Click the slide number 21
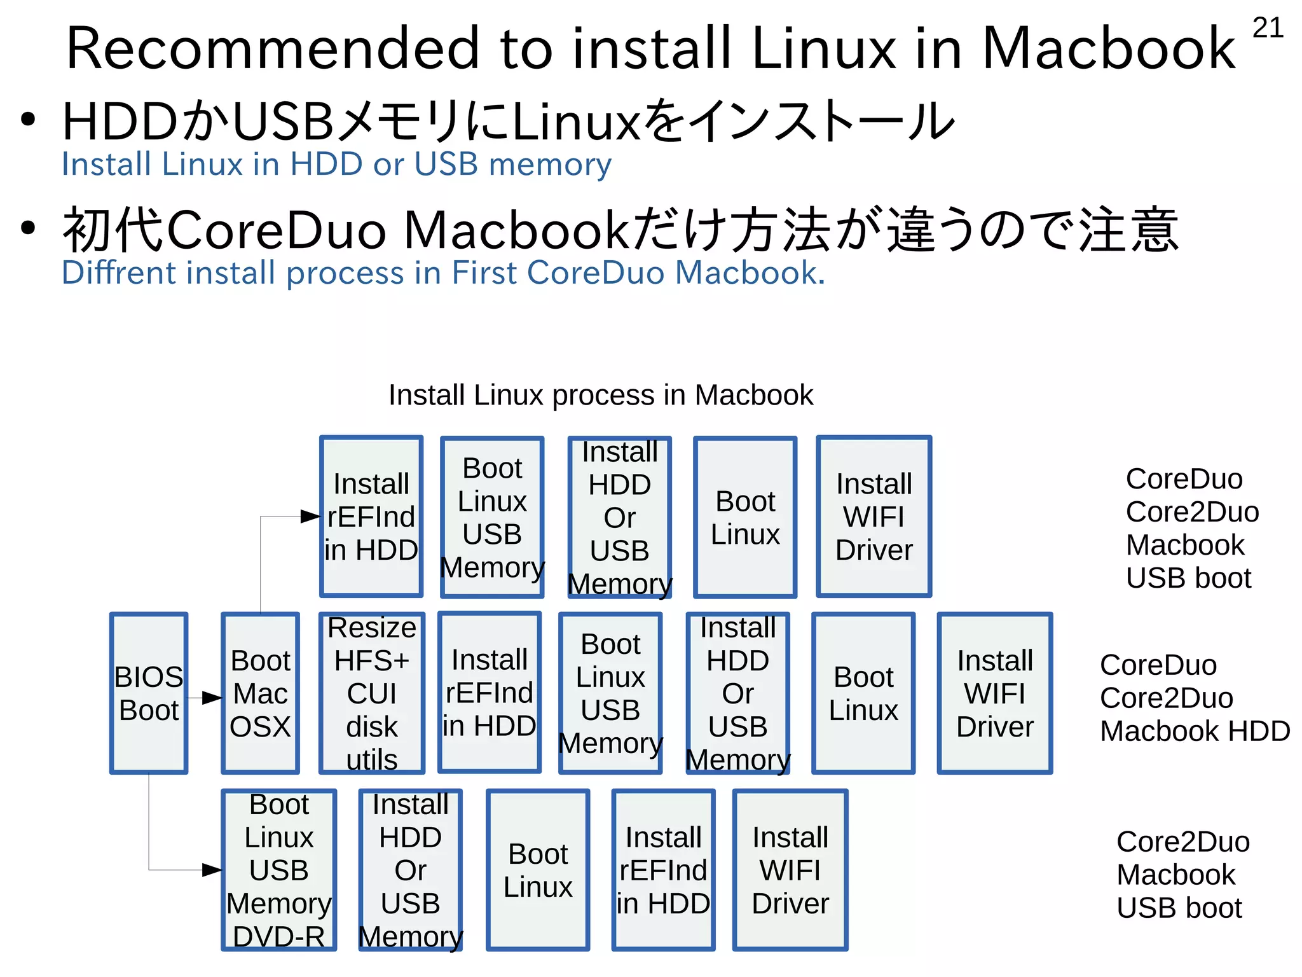[1268, 28]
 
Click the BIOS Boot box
[149, 693]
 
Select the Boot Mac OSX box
[260, 693]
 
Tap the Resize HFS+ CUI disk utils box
[372, 693]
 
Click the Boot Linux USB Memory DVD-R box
[279, 870]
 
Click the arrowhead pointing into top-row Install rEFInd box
[311, 516]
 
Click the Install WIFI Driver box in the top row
[874, 516]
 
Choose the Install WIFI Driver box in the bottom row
[790, 870]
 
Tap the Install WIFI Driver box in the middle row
[995, 693]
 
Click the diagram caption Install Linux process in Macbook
[600, 395]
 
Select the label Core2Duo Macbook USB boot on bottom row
[1182, 875]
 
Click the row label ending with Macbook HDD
[1194, 698]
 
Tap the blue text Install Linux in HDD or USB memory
[336, 164]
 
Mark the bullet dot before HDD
[27, 119]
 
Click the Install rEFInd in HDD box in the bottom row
[663, 870]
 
